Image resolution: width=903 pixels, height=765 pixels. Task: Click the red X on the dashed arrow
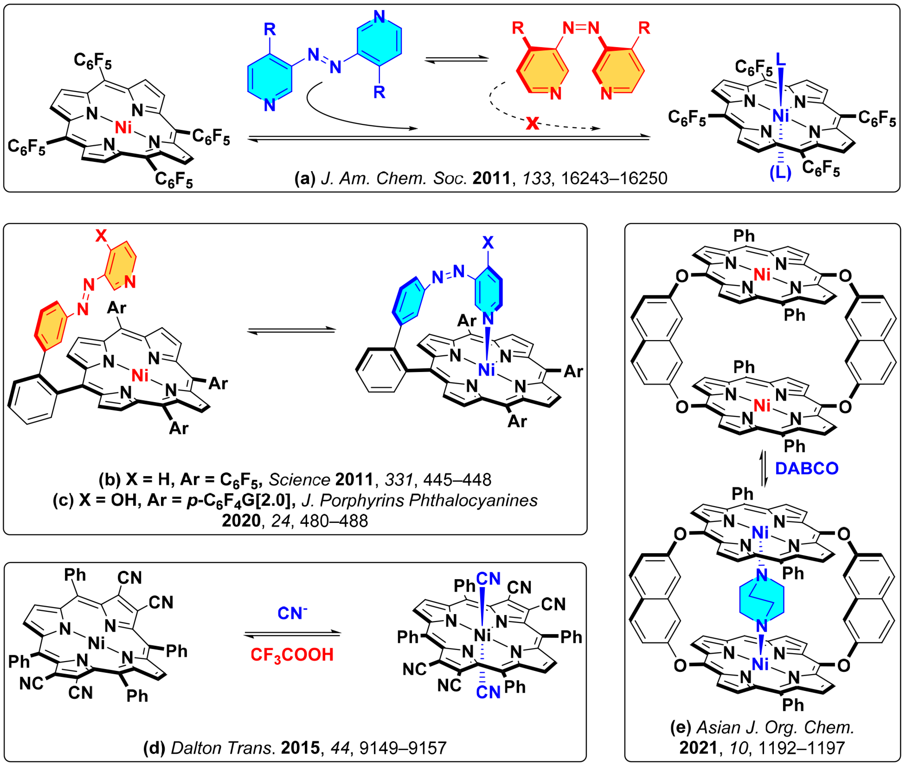[532, 123]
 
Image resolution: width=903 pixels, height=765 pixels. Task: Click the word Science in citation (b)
[299, 480]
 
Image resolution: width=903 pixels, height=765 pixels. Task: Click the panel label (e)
[681, 727]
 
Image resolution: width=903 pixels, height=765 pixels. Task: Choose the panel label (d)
[155, 748]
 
